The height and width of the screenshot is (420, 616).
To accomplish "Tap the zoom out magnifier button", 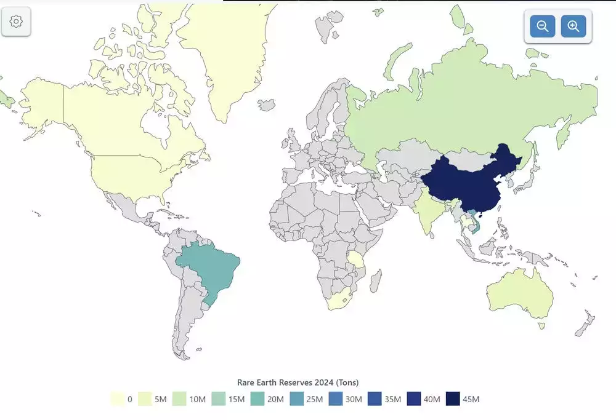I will (543, 26).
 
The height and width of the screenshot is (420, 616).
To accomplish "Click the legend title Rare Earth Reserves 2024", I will (298, 382).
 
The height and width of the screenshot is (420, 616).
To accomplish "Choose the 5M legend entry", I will (152, 399).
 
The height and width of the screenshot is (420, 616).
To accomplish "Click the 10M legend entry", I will (190, 399).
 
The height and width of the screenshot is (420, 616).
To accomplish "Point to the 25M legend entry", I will (306, 399).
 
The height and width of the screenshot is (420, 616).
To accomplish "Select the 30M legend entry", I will (345, 399).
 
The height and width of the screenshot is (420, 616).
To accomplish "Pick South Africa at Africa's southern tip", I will (338, 299).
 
